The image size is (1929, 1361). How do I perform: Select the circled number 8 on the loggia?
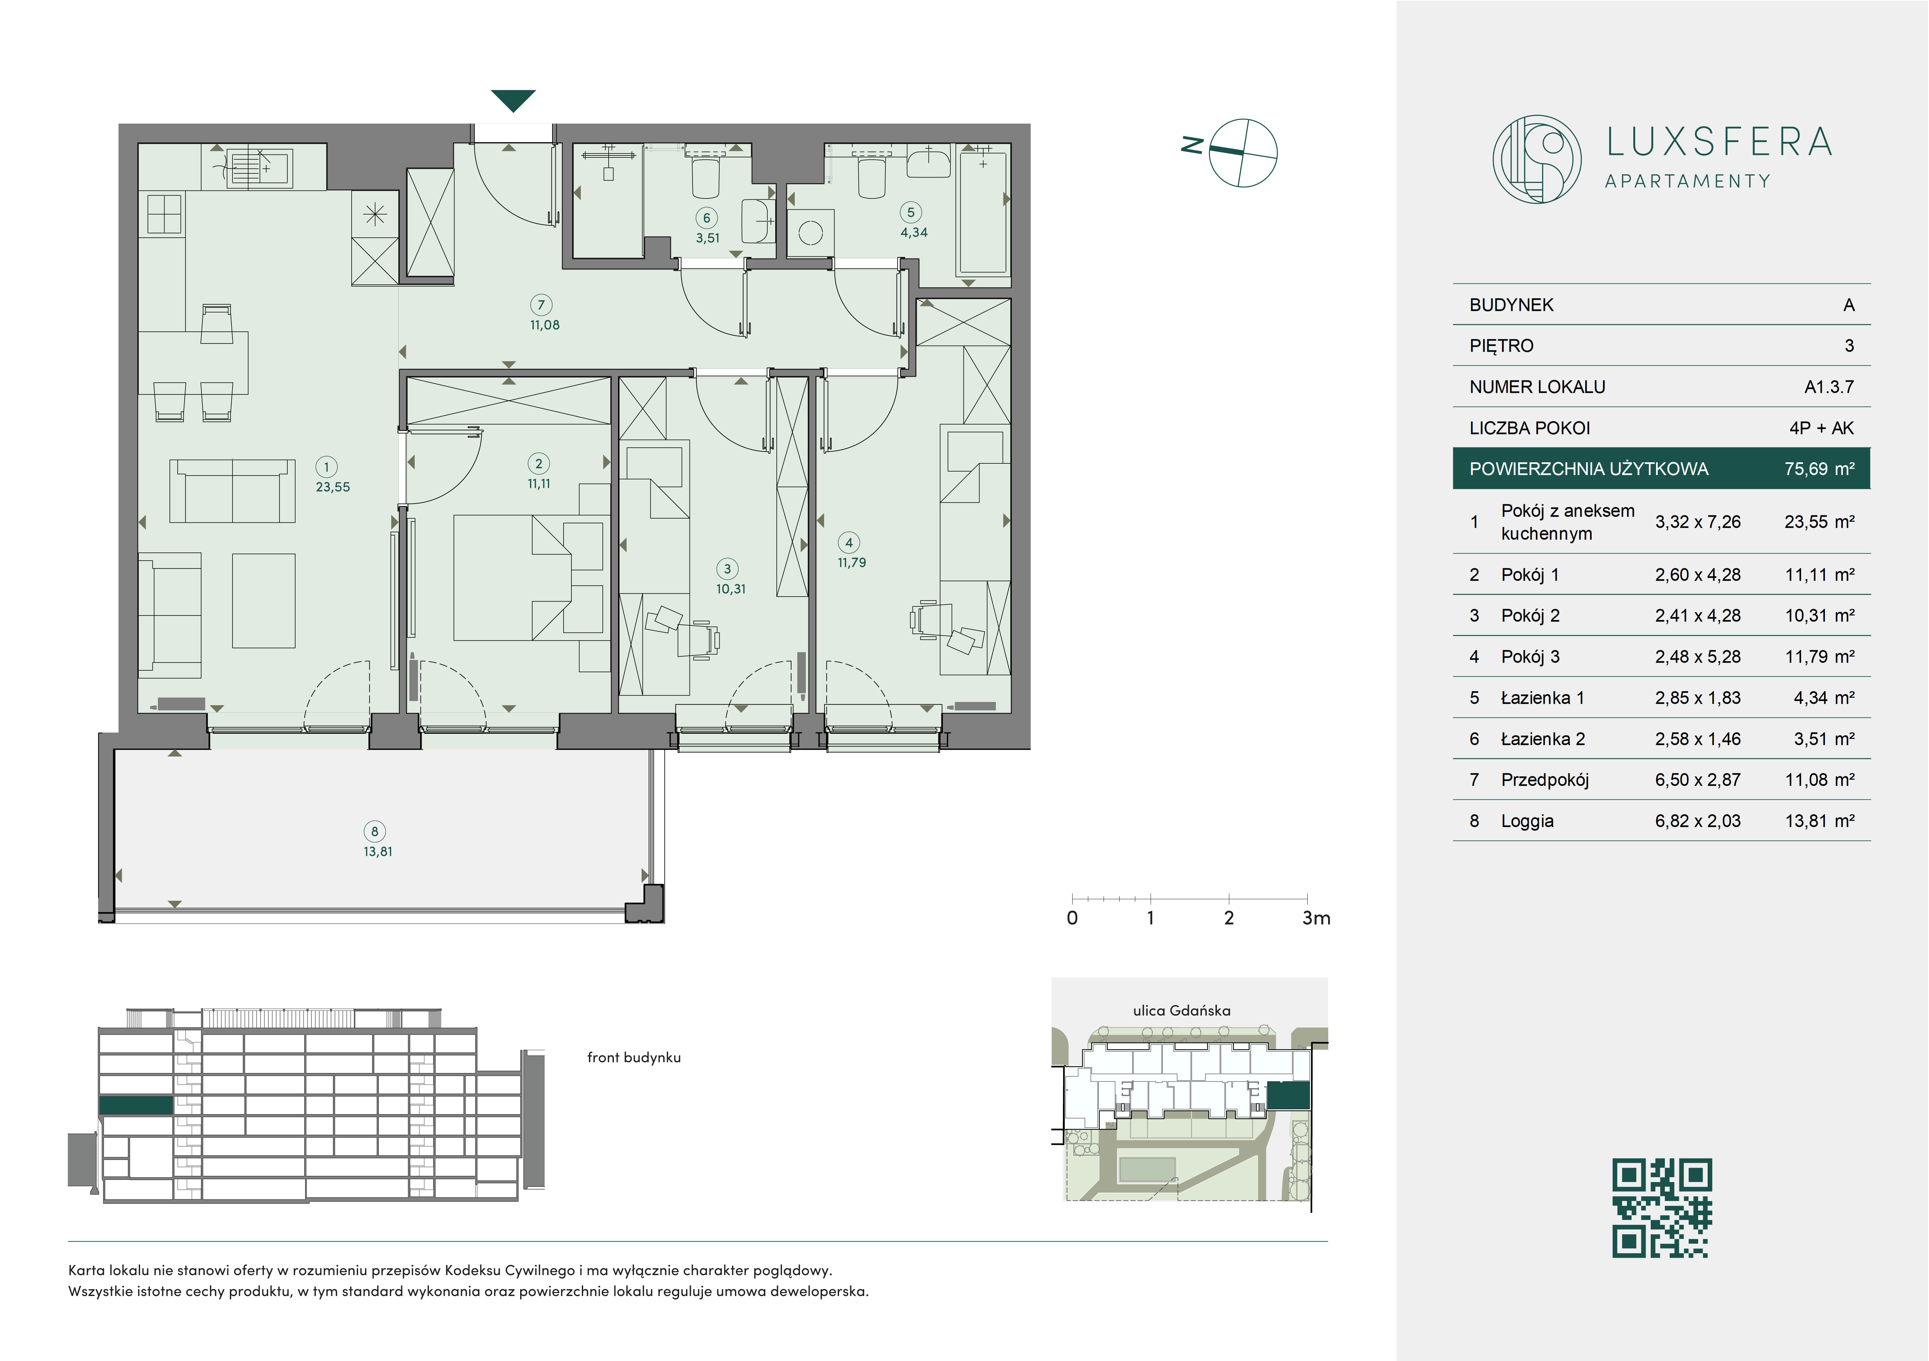coord(375,831)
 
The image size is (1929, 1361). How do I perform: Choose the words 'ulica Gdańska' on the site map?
coord(1181,1011)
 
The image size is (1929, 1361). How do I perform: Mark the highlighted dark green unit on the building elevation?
coord(136,1105)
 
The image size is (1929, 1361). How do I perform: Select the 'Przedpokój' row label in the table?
coord(1544,780)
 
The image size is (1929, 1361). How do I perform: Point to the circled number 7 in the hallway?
coord(541,305)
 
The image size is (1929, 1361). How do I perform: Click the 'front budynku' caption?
coord(633,1058)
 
